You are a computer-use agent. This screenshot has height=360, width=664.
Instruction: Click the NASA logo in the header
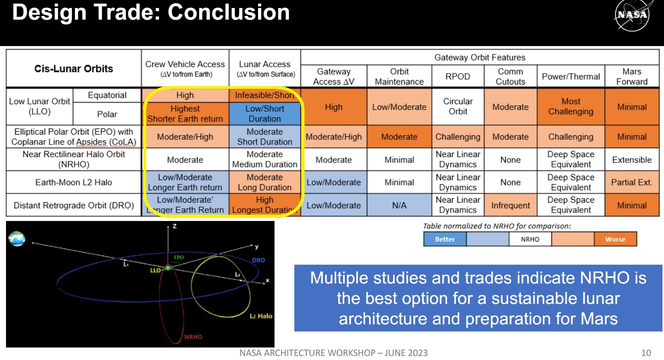click(x=632, y=15)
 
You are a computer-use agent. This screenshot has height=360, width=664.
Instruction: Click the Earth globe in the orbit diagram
click(x=17, y=239)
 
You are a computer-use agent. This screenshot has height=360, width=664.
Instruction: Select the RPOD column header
click(x=458, y=76)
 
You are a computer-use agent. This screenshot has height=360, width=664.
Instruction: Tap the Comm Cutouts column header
click(x=510, y=76)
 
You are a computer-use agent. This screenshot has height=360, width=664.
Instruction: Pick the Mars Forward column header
click(x=632, y=76)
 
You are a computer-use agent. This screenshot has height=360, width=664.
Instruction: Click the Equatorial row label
click(x=107, y=95)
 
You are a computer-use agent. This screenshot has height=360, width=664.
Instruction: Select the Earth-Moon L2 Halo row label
click(x=73, y=182)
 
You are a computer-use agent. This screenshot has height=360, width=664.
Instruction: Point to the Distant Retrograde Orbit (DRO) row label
click(x=73, y=205)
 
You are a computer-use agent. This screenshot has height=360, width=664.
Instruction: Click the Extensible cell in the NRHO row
click(x=632, y=160)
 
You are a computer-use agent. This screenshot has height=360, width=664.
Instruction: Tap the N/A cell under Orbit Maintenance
click(x=399, y=205)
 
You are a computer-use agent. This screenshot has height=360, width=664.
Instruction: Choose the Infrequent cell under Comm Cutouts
click(x=510, y=205)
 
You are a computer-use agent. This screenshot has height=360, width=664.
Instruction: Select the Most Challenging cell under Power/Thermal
click(x=571, y=107)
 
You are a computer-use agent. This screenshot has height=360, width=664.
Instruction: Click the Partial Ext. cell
click(x=632, y=182)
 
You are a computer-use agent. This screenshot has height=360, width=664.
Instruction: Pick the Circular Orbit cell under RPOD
click(x=458, y=107)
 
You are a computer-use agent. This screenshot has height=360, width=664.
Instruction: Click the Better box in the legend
click(x=445, y=239)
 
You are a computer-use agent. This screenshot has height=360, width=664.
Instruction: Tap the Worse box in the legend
click(x=616, y=239)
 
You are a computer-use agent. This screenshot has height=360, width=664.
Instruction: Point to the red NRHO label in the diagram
click(x=193, y=337)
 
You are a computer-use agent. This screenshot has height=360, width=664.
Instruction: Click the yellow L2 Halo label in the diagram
click(x=261, y=316)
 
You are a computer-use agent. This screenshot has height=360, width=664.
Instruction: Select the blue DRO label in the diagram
click(x=258, y=260)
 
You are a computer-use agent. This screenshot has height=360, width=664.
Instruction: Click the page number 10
click(x=646, y=353)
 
